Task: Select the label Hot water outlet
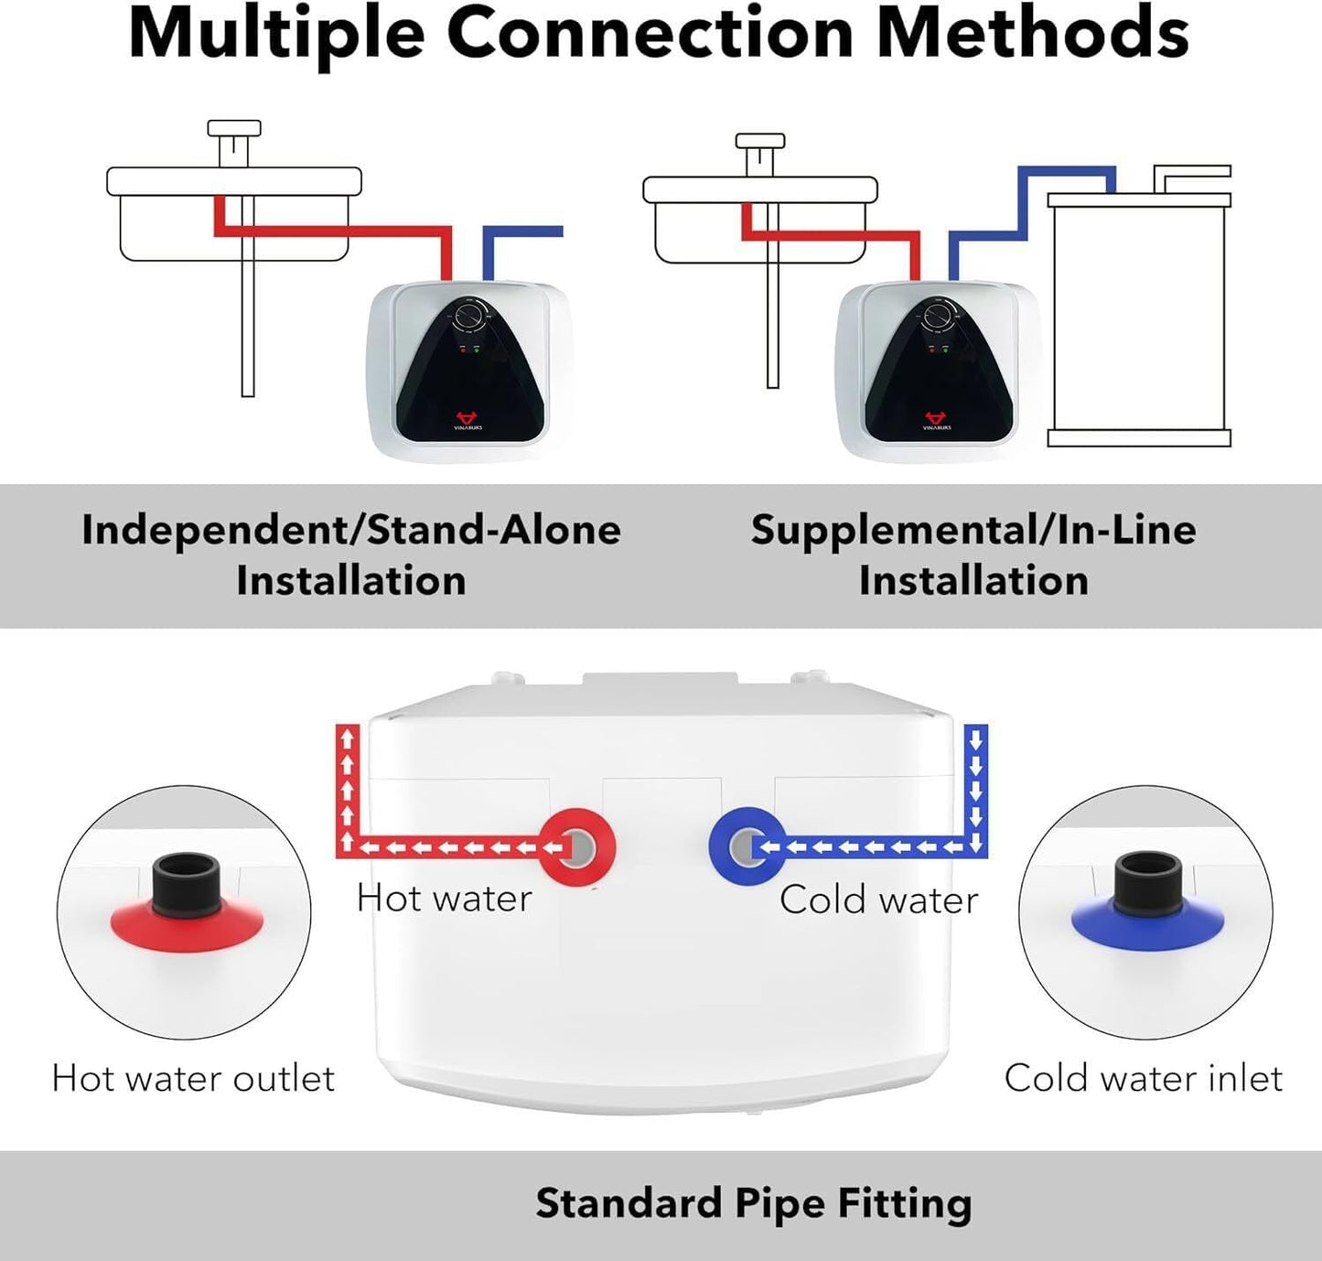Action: (193, 1078)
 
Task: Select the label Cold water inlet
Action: (1143, 1078)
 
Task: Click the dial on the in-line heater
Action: (938, 317)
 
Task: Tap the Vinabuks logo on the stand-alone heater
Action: (468, 420)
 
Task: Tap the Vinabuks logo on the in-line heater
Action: (936, 420)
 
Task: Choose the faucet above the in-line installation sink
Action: (760, 151)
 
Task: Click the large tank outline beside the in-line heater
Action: (1138, 320)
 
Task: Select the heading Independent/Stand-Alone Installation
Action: (351, 555)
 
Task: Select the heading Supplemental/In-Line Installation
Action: (973, 555)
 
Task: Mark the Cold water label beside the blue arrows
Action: (878, 900)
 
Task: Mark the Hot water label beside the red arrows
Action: (444, 899)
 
